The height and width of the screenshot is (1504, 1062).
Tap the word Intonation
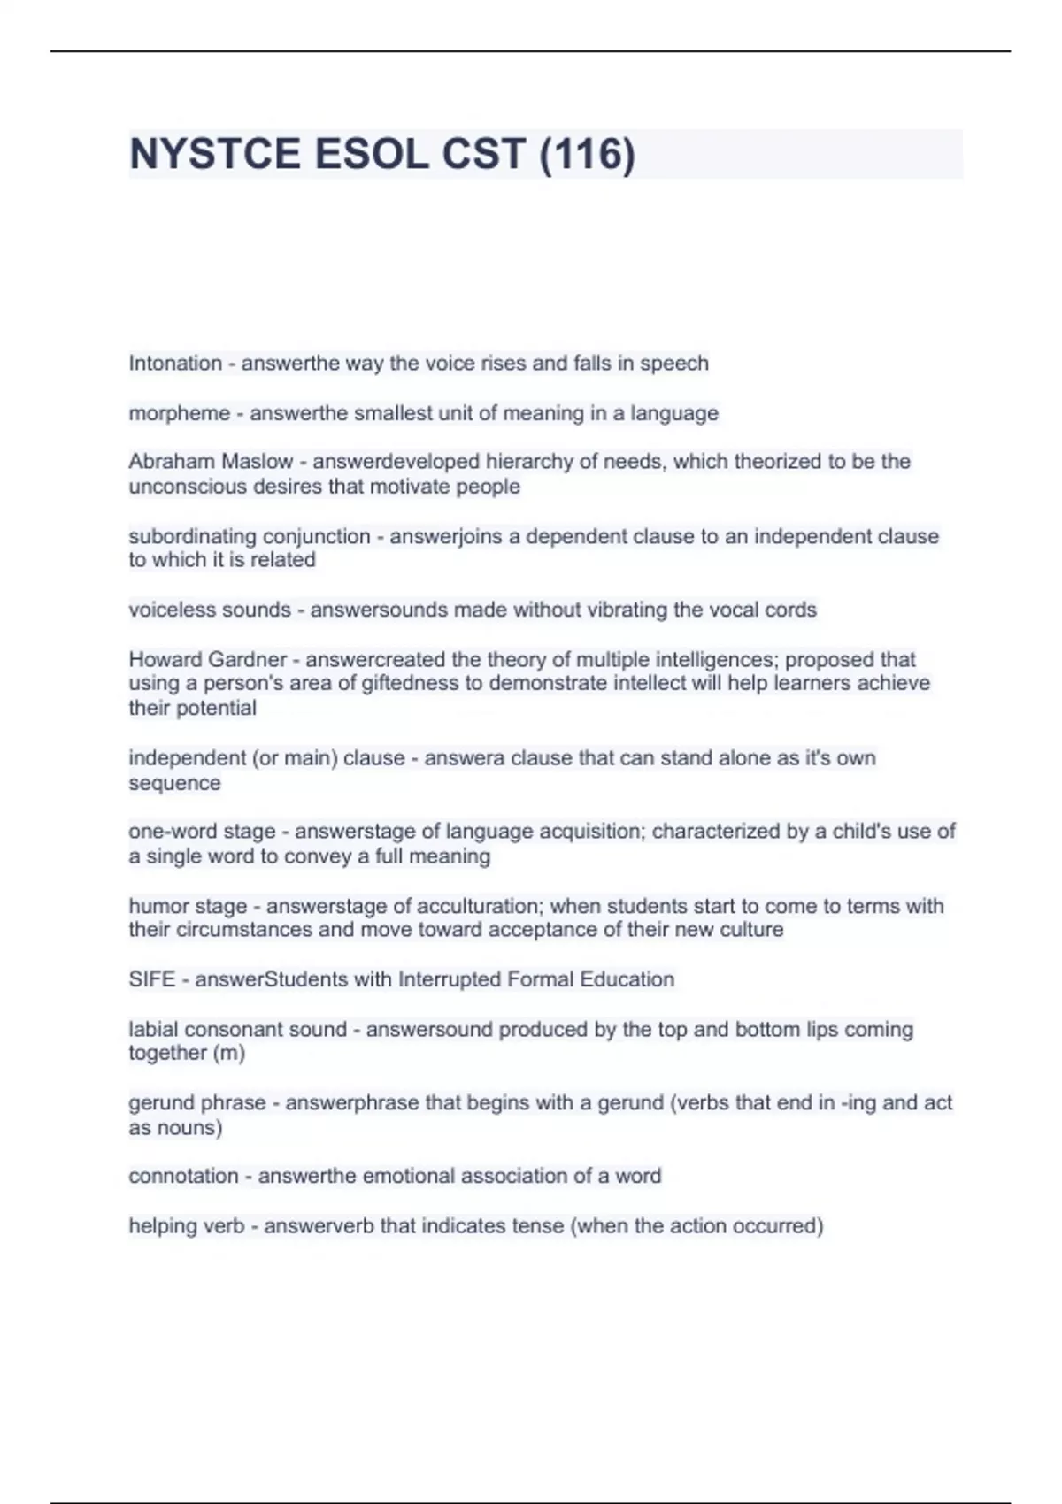(x=175, y=364)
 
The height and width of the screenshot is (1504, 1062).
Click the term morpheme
(x=179, y=413)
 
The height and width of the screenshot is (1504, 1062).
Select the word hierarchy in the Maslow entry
(x=523, y=462)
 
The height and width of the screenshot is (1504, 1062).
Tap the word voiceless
(x=165, y=610)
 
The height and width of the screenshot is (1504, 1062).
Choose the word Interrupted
(x=450, y=979)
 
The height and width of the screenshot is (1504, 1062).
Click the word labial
(x=151, y=1030)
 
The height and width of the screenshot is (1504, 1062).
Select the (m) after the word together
(x=228, y=1053)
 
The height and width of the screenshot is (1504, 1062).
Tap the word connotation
(x=183, y=1177)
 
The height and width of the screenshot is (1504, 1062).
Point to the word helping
(x=162, y=1226)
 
